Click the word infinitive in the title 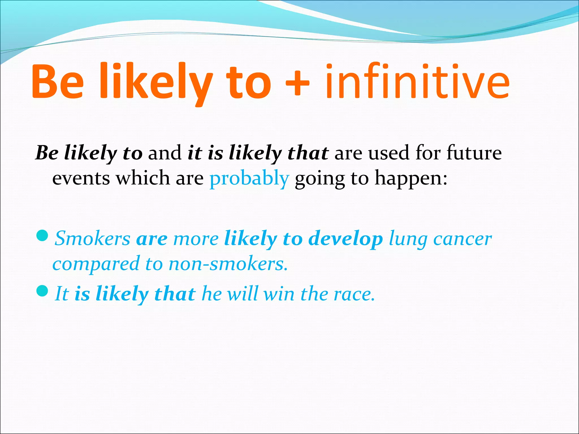417,82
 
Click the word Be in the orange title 58,82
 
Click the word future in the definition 474,153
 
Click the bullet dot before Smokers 43,235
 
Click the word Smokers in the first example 92,238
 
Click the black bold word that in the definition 308,153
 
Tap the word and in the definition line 165,153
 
